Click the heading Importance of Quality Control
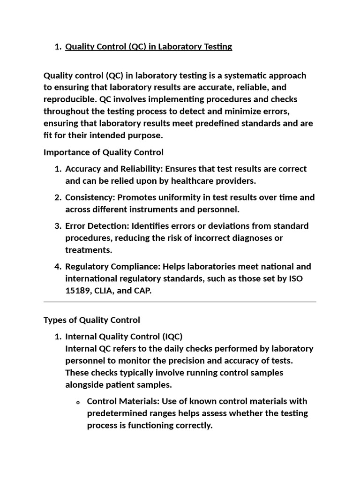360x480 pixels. tap(104, 152)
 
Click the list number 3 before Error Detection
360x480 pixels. tap(58, 226)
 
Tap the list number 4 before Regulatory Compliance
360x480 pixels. tap(58, 267)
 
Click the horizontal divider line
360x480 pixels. tap(180, 302)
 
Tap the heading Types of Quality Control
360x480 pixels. tap(92, 320)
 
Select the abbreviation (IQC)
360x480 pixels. tap(165, 337)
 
